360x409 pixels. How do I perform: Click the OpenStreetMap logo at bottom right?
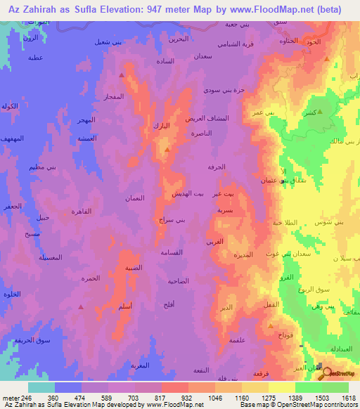click(x=337, y=373)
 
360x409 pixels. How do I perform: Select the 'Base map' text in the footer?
click(x=255, y=405)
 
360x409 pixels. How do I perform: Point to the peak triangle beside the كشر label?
click(x=320, y=111)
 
